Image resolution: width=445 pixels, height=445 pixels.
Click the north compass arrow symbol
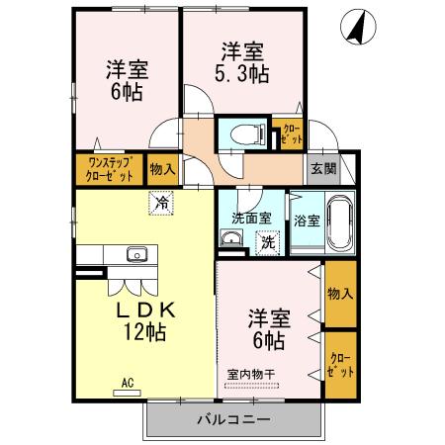[352, 28]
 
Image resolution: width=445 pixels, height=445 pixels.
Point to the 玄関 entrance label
[322, 168]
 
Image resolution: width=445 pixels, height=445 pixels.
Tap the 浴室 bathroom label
[305, 222]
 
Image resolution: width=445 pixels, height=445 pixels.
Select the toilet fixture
[242, 133]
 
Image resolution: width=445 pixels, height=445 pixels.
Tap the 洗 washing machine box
[266, 240]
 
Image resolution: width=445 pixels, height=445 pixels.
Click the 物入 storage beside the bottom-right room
[339, 293]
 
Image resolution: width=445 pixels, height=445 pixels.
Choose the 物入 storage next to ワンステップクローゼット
[161, 169]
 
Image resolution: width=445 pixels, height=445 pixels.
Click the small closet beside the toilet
[290, 133]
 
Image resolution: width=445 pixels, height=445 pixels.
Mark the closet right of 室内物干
[339, 365]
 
